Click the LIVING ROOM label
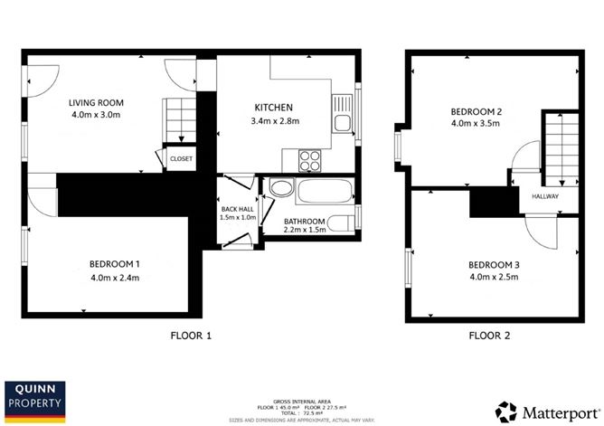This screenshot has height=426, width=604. (97, 102)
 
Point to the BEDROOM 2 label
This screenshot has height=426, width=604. (477, 112)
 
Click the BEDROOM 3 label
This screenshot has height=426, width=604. (493, 264)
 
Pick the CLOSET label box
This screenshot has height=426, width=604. (181, 158)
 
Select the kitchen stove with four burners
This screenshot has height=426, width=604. (311, 160)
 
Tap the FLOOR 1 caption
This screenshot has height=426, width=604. (191, 336)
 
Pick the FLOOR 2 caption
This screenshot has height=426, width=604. (489, 336)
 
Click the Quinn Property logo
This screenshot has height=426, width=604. (37, 399)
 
